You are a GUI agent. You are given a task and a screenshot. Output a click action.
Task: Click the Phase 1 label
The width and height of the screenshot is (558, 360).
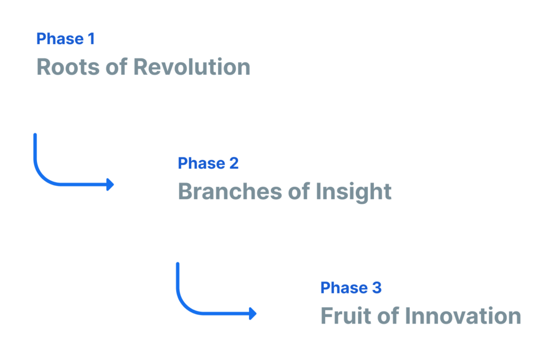coord(65,39)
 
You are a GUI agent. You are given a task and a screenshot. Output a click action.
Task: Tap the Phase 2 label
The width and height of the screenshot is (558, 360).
coord(208,163)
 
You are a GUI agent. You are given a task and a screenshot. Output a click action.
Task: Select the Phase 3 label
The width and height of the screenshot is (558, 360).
coord(351,288)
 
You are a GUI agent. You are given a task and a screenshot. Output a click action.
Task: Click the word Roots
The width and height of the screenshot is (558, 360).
coord(68,67)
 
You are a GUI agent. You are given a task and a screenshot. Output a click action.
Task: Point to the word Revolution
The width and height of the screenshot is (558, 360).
coord(192,67)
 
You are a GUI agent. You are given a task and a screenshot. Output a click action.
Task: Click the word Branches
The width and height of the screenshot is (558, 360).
coord(230,191)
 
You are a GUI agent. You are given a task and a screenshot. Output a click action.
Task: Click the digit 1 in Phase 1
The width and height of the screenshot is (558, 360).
coord(92,39)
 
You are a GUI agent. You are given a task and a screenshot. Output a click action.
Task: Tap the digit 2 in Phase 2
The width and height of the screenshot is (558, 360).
coord(234,163)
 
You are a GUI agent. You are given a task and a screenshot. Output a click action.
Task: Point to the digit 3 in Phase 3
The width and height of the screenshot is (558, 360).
coord(377,288)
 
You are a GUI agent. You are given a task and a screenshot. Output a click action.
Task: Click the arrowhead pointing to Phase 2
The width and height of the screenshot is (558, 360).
coord(110,185)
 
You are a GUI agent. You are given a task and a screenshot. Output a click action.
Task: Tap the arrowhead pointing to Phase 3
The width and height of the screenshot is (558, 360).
coord(253,313)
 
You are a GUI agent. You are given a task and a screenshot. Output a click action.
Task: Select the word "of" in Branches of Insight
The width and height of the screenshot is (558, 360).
coord(299,191)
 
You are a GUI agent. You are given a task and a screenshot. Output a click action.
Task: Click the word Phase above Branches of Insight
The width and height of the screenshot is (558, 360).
coord(202,163)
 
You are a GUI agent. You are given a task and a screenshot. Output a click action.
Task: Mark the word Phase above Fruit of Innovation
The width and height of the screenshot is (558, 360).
coord(344,288)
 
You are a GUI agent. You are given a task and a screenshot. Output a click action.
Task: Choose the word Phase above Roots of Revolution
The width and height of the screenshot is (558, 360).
coord(60,39)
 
